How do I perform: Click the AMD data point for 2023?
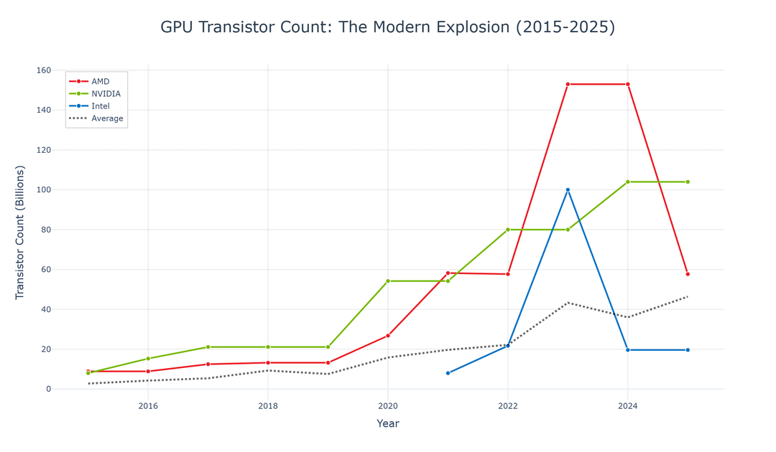pyautogui.click(x=568, y=85)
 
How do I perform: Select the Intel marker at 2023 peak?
pyautogui.click(x=568, y=190)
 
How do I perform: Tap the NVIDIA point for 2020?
pyautogui.click(x=388, y=281)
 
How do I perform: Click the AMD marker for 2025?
pyautogui.click(x=688, y=274)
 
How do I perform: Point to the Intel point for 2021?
pyautogui.click(x=448, y=373)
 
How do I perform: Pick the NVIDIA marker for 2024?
pyautogui.click(x=628, y=182)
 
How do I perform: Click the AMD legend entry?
pyautogui.click(x=100, y=82)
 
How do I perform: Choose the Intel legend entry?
pyautogui.click(x=100, y=106)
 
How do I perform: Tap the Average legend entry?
pyautogui.click(x=107, y=118)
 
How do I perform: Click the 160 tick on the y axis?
pyautogui.click(x=43, y=70)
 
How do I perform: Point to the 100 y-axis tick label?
pyautogui.click(x=43, y=190)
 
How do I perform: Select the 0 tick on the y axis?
pyautogui.click(x=48, y=390)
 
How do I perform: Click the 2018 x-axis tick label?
pyautogui.click(x=268, y=406)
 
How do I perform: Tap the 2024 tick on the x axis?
pyautogui.click(x=628, y=406)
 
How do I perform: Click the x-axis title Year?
pyautogui.click(x=388, y=424)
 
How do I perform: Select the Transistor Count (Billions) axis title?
pyautogui.click(x=20, y=232)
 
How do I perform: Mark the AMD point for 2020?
pyautogui.click(x=388, y=336)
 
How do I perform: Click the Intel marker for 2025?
pyautogui.click(x=688, y=350)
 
